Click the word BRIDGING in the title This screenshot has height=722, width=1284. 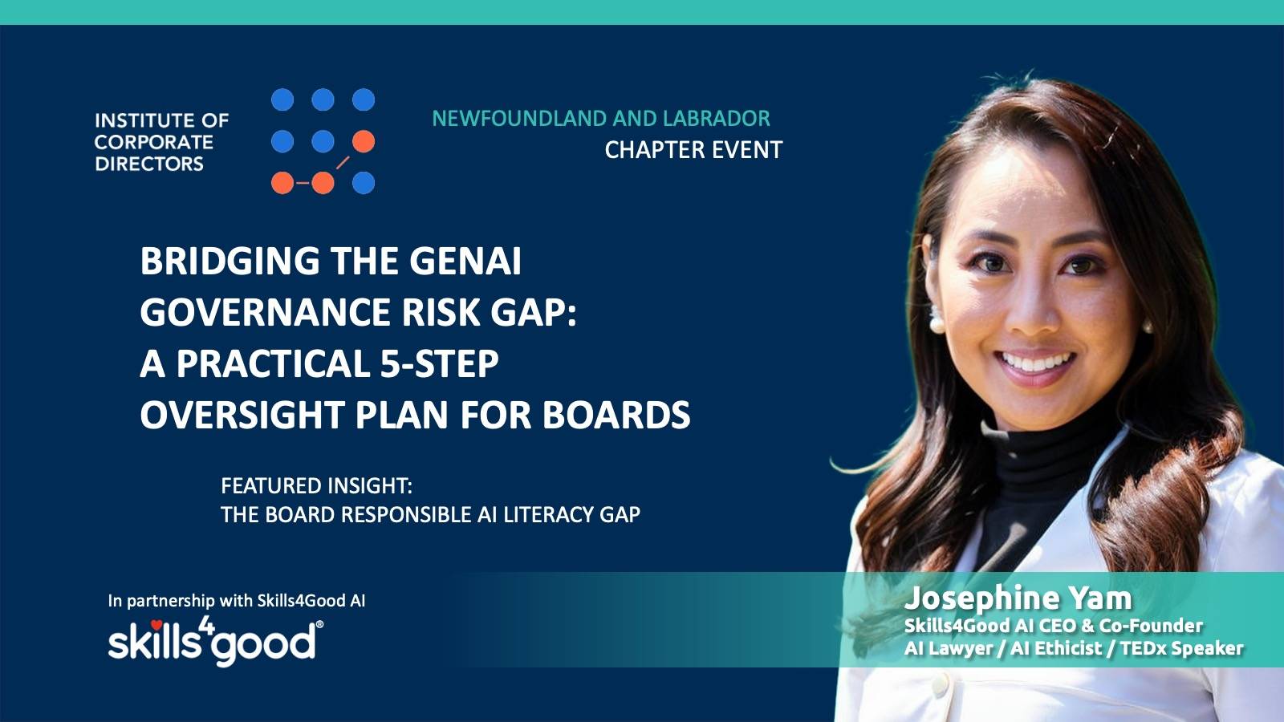230,262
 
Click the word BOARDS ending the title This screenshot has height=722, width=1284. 616,414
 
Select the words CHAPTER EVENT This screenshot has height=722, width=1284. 693,150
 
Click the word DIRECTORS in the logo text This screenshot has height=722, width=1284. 149,164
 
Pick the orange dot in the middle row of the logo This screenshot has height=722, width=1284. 364,141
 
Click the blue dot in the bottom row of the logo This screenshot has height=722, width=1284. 364,183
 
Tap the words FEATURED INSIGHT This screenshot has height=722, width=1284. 316,486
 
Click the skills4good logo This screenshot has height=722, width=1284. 215,642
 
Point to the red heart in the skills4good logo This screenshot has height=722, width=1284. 156,625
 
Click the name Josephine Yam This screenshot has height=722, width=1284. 1018,598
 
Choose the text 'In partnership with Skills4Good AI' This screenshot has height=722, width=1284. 237,601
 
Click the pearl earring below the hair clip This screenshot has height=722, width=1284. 1148,327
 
